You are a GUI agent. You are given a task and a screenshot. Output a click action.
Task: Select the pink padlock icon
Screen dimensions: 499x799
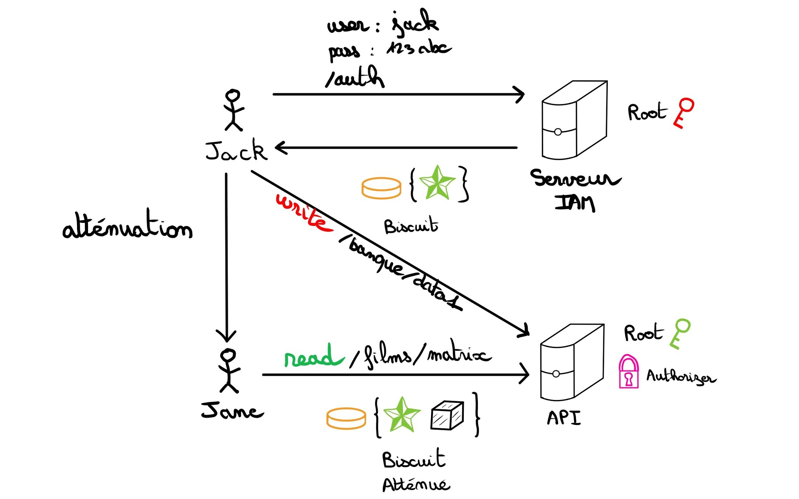[628, 372]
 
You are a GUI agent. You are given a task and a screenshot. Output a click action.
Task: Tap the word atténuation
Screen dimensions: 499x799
[128, 226]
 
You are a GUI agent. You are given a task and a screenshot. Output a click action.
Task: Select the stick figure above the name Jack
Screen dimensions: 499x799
[233, 110]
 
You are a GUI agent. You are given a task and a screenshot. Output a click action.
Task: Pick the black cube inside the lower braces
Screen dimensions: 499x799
[447, 415]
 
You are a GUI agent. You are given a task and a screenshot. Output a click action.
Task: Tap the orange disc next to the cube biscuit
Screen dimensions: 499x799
[346, 418]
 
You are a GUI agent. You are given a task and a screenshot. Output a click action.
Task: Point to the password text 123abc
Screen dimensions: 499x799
[418, 48]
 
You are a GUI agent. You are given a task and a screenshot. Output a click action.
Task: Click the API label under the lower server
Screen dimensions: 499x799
[564, 418]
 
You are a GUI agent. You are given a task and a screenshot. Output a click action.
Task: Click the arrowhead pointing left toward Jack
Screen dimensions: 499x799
[281, 148]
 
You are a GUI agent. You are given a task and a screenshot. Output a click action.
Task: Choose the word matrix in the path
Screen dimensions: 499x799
[459, 355]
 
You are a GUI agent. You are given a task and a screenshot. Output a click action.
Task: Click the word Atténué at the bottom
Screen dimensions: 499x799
[416, 484]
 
